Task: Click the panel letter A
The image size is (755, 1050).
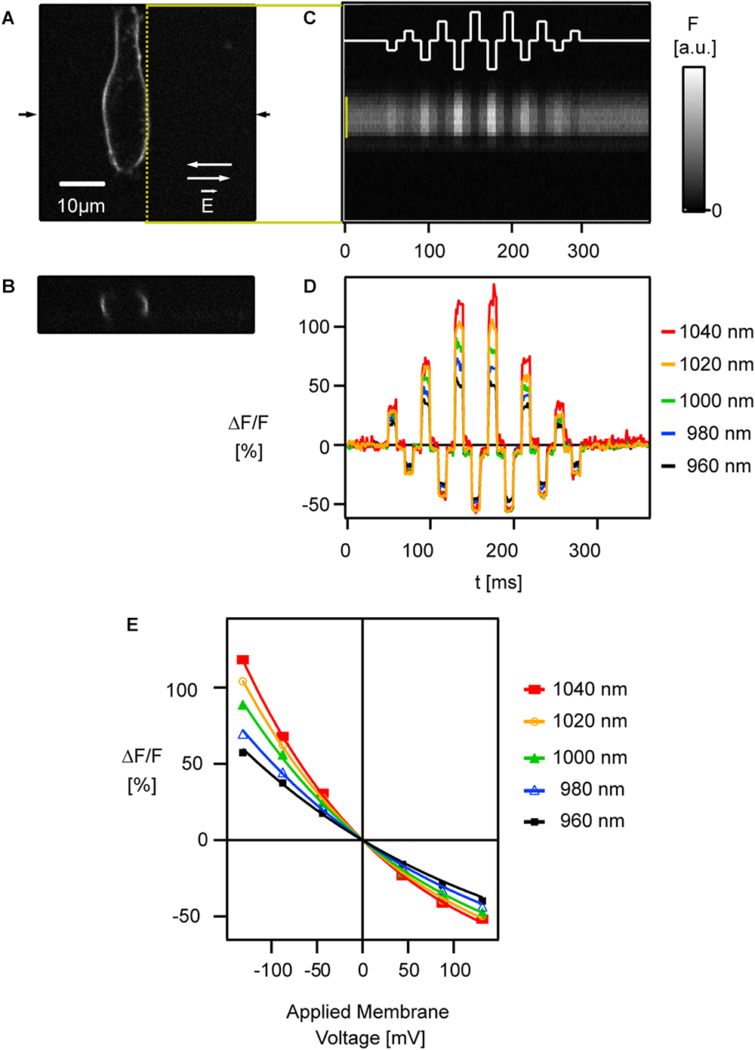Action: tap(8, 19)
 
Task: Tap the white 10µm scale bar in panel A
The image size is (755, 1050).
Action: tap(82, 184)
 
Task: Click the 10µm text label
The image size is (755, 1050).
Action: tap(82, 205)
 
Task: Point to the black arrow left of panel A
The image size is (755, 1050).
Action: tap(26, 114)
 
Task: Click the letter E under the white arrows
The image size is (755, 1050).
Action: tap(207, 205)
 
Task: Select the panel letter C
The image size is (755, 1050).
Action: tap(310, 18)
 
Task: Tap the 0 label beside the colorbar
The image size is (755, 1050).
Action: tap(716, 211)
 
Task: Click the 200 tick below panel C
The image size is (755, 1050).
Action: tap(513, 251)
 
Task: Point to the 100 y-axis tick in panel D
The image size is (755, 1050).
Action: tap(313, 327)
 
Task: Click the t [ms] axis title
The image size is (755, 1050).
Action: tap(498, 582)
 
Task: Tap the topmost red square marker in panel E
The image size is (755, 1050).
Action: tap(242, 659)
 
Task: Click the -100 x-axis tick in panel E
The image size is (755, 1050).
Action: tap(272, 970)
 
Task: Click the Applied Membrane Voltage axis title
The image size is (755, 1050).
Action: tap(368, 1024)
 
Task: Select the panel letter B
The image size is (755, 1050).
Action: tap(8, 287)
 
